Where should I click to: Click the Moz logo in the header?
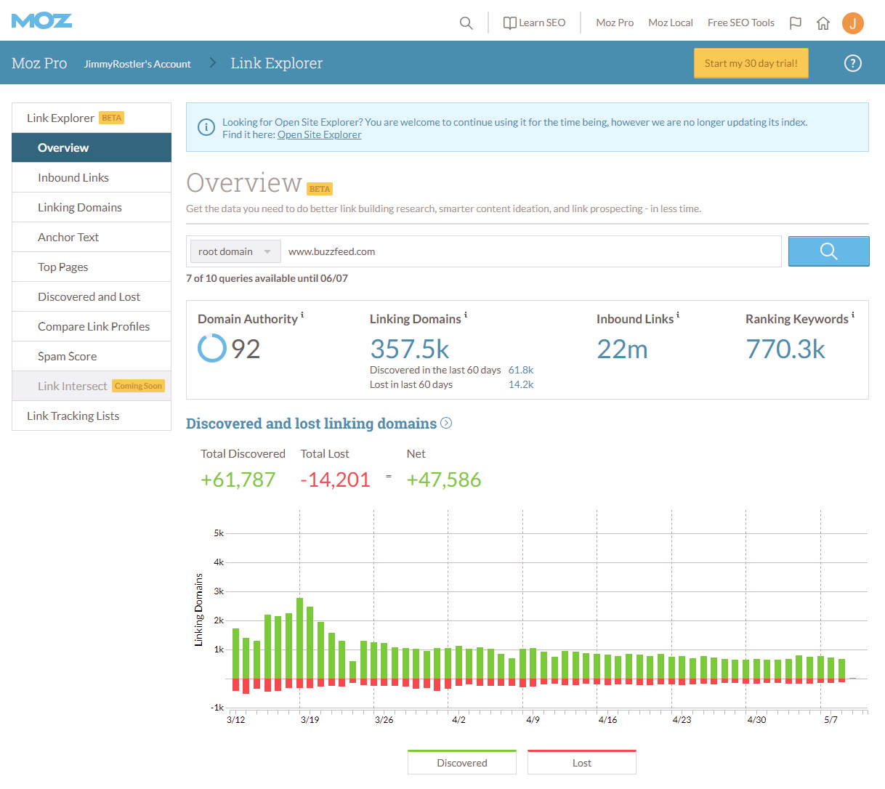[41, 20]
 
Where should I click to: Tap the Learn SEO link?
[535, 23]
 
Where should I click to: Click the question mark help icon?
[852, 63]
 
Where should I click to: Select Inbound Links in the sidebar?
[73, 177]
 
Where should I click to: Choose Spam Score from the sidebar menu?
[67, 356]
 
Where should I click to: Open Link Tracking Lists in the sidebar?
[73, 416]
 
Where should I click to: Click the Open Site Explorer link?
[319, 134]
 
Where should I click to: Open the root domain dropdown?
[234, 251]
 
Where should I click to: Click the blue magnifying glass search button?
[828, 251]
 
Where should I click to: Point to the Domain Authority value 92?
[245, 349]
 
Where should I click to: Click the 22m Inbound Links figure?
[622, 349]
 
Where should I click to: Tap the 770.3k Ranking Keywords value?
[785, 349]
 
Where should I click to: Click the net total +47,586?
[443, 480]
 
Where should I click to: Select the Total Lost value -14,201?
[335, 480]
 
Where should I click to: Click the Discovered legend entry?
[462, 762]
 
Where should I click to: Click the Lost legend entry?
[581, 762]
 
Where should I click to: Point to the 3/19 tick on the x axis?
[310, 719]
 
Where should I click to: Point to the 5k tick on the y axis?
[219, 533]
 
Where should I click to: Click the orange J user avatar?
[852, 23]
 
